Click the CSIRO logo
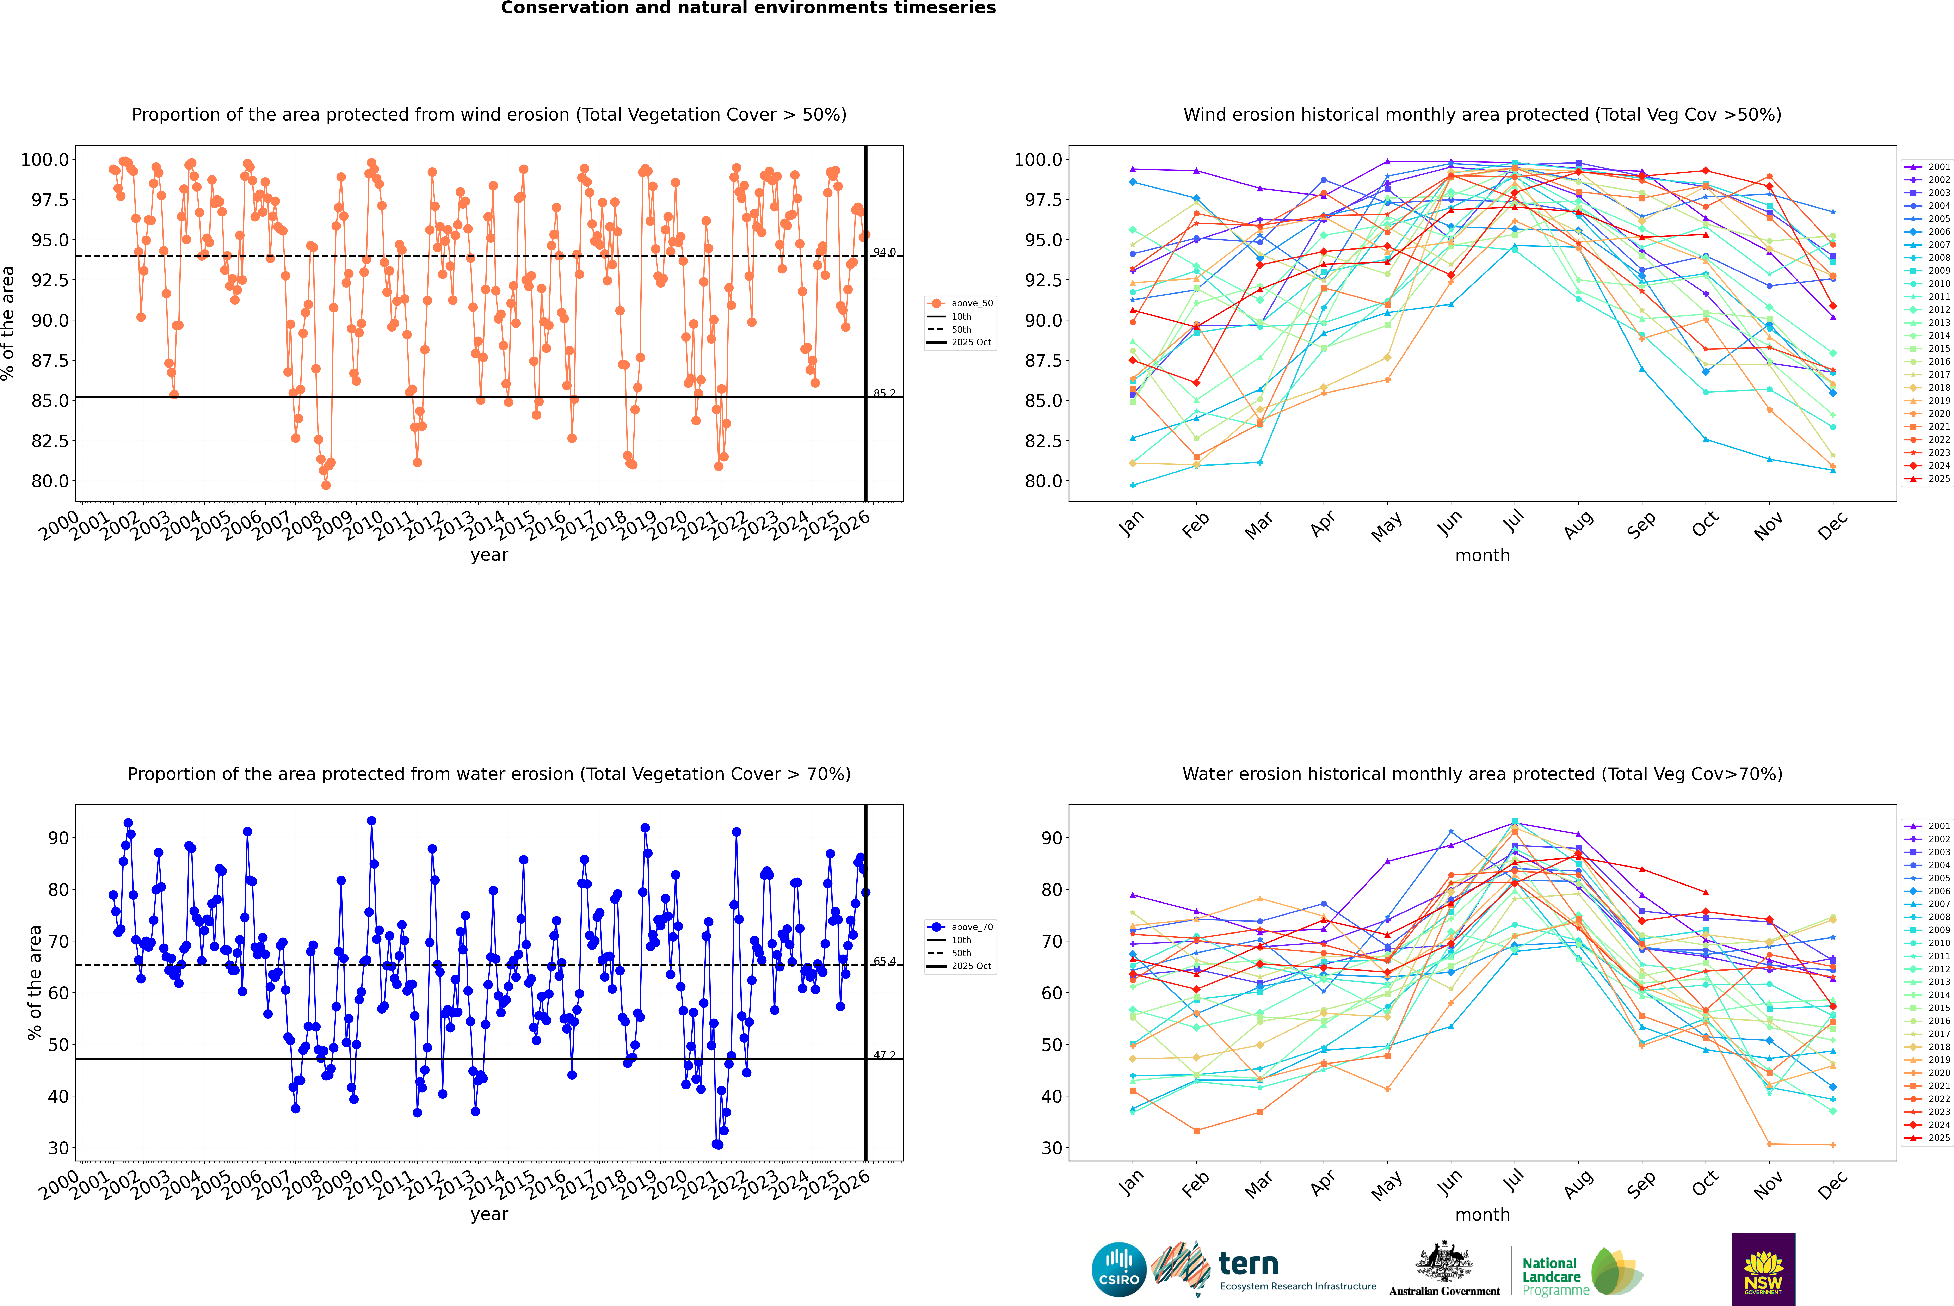1119,1269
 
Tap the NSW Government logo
1763,1269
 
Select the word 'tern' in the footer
1248,1264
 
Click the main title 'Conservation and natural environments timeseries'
748,8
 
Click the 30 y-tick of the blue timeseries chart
58,1148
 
